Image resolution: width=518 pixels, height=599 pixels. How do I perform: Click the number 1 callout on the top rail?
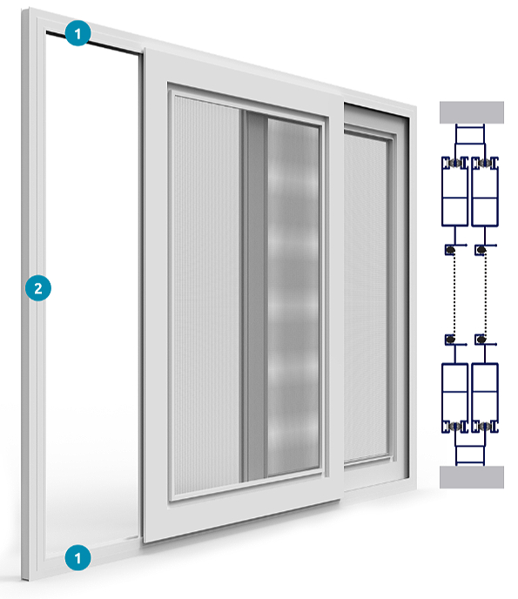tap(77, 33)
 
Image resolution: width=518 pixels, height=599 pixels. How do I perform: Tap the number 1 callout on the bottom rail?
tap(77, 558)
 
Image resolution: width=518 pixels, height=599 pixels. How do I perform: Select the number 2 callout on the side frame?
tap(38, 288)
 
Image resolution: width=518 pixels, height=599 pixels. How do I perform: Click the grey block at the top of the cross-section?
tap(471, 112)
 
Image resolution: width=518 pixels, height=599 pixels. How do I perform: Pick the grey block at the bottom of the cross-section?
tap(471, 477)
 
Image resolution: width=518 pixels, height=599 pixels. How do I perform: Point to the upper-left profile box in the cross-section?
tap(454, 191)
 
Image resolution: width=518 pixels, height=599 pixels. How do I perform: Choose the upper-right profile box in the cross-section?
tap(485, 191)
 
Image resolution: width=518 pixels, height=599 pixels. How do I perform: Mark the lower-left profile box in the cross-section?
tap(454, 398)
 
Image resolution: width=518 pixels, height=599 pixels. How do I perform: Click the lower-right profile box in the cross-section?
tap(485, 398)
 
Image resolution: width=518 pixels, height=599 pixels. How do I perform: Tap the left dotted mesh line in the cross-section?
tap(454, 294)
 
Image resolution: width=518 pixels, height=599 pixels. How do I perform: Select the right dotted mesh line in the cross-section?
tap(485, 294)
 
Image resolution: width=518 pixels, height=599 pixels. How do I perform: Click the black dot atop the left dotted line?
tap(451, 251)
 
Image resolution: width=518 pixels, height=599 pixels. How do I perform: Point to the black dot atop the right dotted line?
tap(481, 251)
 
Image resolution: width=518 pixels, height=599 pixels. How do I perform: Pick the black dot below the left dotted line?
tap(451, 340)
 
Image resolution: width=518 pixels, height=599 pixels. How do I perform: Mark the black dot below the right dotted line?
tap(481, 340)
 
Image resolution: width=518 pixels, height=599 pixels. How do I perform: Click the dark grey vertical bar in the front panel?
tap(254, 296)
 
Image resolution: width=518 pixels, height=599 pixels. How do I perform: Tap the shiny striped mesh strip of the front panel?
tap(293, 298)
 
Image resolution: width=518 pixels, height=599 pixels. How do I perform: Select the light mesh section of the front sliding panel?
tap(206, 294)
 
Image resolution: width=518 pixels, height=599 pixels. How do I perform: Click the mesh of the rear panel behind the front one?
tap(366, 296)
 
